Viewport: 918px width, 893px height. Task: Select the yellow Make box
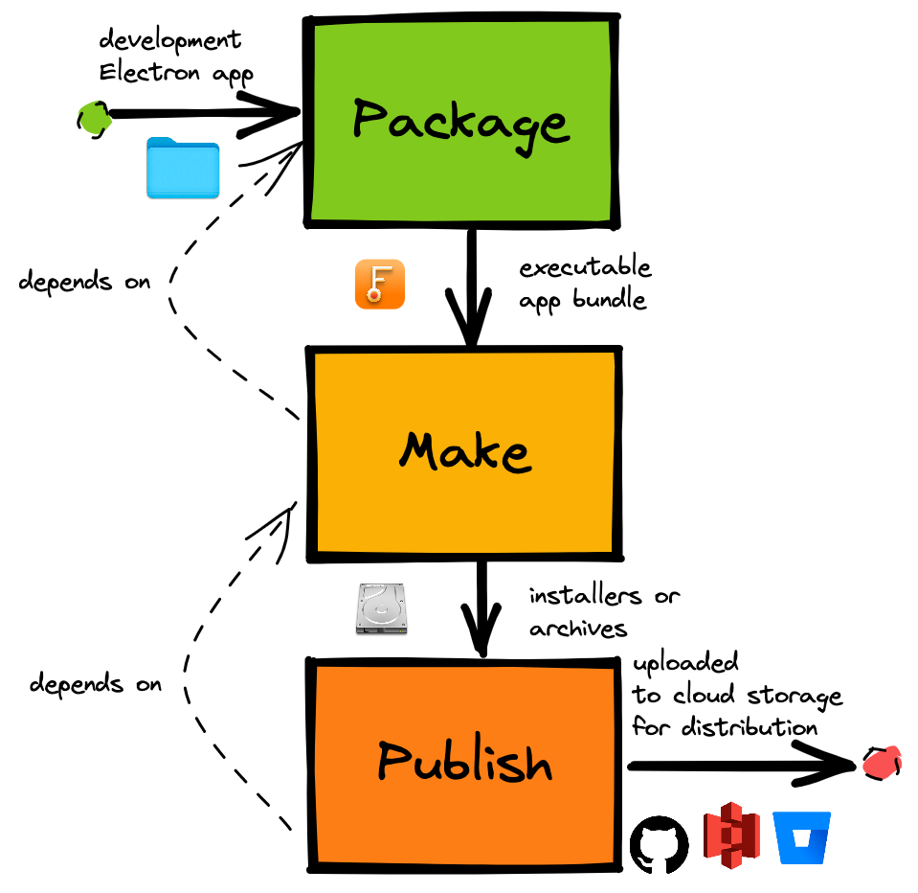pos(463,450)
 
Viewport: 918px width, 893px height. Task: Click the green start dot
pos(93,118)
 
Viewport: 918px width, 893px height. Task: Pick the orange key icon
pos(380,285)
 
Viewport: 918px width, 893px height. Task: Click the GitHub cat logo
pos(659,844)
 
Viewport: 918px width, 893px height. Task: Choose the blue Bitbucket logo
pos(803,838)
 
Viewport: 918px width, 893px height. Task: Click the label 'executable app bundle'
pos(584,283)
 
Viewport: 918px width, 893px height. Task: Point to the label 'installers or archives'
pos(603,611)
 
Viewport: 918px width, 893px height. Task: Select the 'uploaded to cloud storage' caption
pos(735,695)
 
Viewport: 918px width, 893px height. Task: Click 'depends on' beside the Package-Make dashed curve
pos(84,283)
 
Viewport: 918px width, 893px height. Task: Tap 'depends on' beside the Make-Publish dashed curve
pos(95,684)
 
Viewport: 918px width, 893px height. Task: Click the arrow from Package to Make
pos(471,287)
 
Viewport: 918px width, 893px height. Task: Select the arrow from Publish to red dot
pos(737,766)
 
